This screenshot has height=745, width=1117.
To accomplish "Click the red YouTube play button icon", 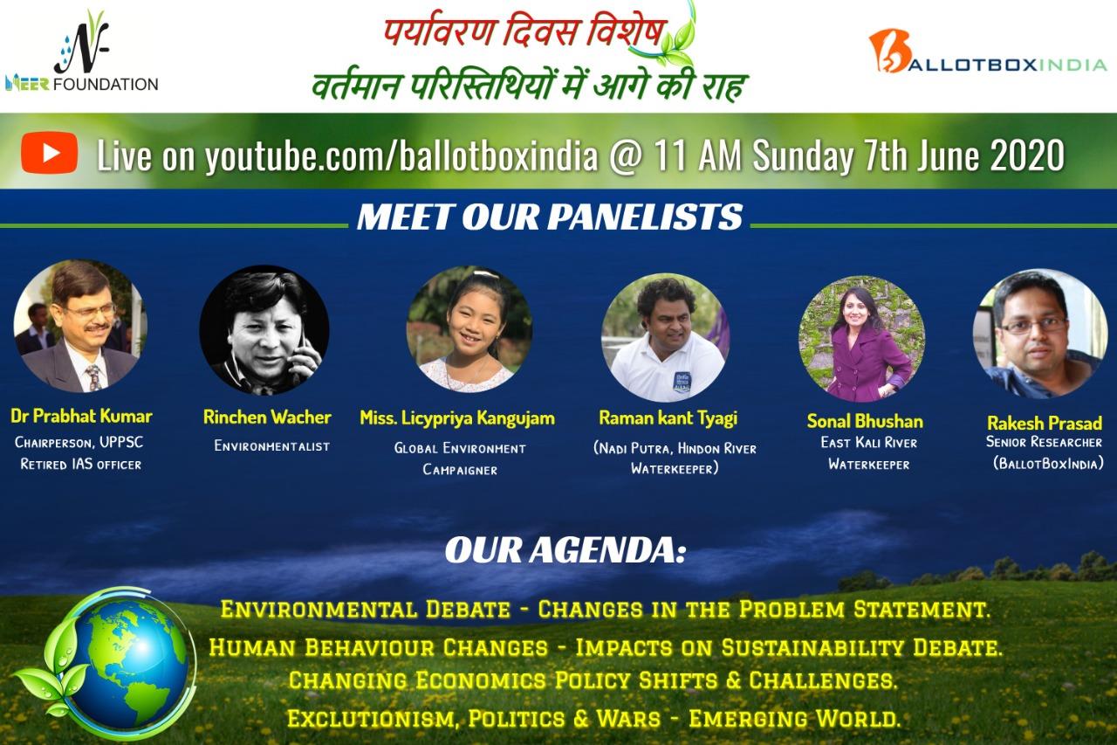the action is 49,153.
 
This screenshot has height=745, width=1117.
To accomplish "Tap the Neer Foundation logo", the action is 82,52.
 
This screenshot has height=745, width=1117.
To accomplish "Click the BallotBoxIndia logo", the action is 987,52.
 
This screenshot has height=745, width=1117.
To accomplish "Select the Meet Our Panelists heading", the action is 550,217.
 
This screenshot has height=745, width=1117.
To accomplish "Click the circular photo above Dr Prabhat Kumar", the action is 79,326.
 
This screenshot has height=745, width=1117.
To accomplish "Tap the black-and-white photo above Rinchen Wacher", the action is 264,330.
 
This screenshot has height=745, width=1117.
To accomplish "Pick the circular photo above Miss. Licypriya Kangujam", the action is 469,329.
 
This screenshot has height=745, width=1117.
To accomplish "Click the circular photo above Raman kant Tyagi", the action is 666,338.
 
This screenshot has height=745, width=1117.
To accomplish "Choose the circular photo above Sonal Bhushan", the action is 861,339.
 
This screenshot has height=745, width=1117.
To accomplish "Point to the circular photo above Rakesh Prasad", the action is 1040,334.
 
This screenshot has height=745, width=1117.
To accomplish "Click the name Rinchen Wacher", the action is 267,417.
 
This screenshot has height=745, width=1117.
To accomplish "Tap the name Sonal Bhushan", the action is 865,421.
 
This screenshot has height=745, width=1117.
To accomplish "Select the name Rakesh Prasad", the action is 1045,423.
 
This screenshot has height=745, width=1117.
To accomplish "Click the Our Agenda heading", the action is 565,550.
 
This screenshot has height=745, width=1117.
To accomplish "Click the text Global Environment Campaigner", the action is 460,459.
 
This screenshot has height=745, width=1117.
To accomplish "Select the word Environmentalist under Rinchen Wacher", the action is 271,445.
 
